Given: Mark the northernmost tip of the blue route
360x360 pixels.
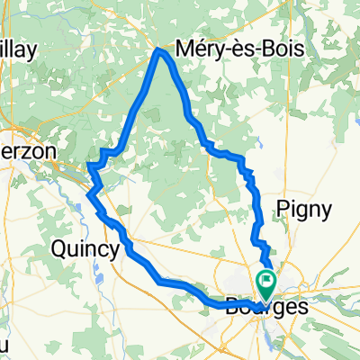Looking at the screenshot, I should [160, 50].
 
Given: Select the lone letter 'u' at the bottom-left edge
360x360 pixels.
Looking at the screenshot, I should [4, 346].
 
